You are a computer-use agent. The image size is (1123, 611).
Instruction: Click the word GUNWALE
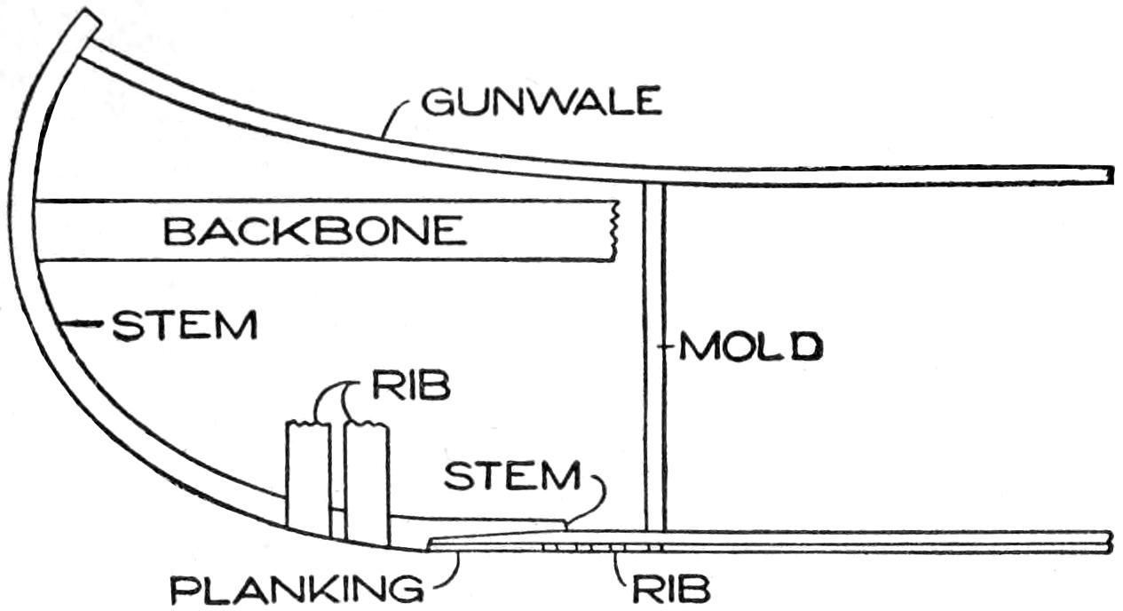542,103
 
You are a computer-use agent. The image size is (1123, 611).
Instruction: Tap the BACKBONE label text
315,232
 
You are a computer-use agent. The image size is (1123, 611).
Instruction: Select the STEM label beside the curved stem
185,326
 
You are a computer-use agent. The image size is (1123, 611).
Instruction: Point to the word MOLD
751,346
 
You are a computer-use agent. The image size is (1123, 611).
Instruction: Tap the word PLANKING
297,590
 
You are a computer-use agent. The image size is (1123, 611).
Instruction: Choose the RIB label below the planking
672,589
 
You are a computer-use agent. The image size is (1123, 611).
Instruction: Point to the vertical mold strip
654,355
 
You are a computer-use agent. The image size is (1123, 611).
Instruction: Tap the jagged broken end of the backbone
613,231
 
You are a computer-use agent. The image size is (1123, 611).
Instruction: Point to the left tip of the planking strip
431,544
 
